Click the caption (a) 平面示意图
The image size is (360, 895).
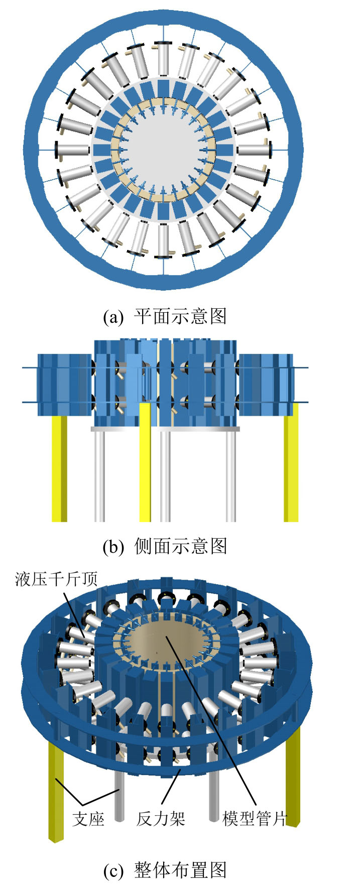pyautogui.click(x=165, y=316)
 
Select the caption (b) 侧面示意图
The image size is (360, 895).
pyautogui.click(x=165, y=546)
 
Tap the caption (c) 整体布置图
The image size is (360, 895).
pyautogui.click(x=165, y=870)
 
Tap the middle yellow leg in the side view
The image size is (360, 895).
pyautogui.click(x=145, y=462)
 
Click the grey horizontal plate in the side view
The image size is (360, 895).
pyautogui.click(x=165, y=429)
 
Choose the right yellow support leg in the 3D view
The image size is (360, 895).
pyautogui.click(x=293, y=783)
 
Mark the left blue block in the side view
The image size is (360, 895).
pyautogui.click(x=64, y=385)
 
